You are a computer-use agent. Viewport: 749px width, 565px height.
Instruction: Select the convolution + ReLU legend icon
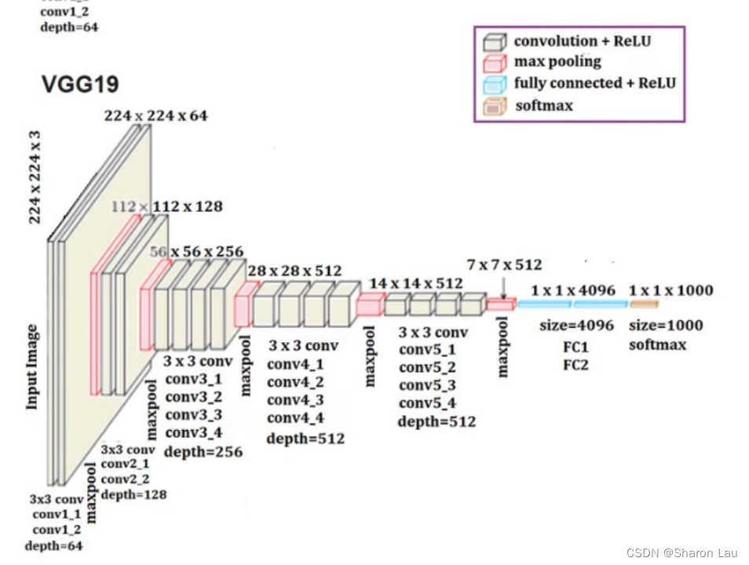tap(494, 42)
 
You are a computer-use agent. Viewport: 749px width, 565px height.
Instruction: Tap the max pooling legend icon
tap(494, 62)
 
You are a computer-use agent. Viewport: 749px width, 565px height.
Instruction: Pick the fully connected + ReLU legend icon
tap(494, 84)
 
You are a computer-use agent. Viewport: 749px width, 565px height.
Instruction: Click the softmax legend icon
tap(494, 106)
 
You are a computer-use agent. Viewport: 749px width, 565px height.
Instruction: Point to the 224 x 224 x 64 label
tap(155, 116)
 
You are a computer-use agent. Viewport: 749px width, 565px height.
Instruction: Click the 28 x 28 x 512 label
tap(294, 271)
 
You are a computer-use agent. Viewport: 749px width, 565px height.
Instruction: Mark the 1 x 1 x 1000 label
tap(671, 290)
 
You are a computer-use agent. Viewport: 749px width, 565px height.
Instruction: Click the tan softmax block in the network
tap(642, 304)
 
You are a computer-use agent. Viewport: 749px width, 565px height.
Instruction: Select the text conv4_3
tap(295, 400)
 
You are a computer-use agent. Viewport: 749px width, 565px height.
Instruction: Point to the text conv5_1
tap(427, 350)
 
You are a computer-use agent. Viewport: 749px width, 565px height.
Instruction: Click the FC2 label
tap(576, 365)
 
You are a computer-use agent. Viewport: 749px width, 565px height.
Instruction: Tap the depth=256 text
tap(203, 452)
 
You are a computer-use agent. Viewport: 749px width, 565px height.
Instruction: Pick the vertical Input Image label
tap(33, 366)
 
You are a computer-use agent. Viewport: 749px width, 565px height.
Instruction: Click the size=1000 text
tap(666, 326)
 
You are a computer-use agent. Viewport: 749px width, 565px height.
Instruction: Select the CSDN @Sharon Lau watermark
tap(682, 553)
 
